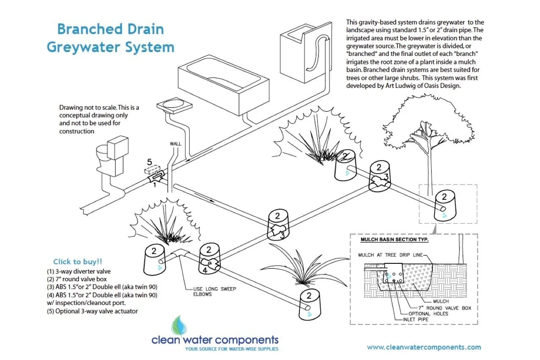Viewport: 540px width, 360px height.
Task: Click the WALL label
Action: [175, 144]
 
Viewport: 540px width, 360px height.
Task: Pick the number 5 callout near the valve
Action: [149, 161]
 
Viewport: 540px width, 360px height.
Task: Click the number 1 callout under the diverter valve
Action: [155, 184]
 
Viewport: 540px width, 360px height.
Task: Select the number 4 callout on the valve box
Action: [205, 269]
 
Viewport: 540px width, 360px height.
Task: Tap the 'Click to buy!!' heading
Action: [78, 262]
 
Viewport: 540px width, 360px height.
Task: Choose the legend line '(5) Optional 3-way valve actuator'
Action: [92, 311]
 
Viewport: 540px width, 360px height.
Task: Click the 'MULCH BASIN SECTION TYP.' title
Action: [394, 240]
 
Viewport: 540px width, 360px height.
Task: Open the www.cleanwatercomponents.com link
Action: [424, 347]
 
